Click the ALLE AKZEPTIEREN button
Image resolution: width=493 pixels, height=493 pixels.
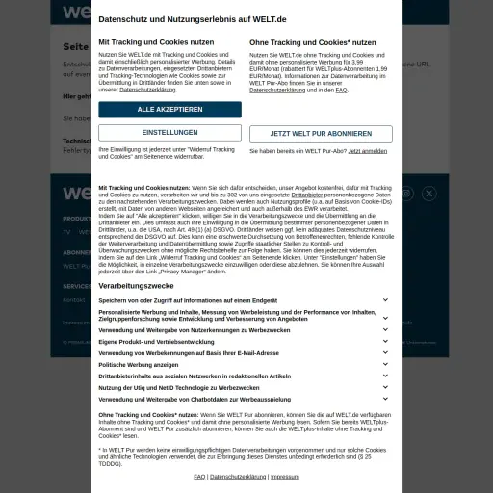tap(169, 110)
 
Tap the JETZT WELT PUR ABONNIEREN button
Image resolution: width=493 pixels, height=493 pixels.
tap(321, 134)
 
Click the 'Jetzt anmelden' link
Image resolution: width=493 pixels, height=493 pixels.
tap(368, 151)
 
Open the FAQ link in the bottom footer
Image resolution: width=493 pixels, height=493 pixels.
tap(199, 477)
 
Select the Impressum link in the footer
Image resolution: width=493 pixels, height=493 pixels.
tap(285, 477)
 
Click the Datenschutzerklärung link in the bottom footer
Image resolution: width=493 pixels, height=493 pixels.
tap(238, 477)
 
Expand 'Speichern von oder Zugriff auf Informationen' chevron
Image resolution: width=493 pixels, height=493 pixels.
tap(385, 300)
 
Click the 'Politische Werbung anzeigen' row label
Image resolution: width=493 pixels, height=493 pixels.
tap(138, 365)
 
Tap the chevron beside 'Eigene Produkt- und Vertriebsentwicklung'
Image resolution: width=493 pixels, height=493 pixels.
tap(385, 342)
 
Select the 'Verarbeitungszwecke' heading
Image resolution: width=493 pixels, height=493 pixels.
tap(136, 287)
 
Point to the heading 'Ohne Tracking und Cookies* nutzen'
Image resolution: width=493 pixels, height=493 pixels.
tap(313, 42)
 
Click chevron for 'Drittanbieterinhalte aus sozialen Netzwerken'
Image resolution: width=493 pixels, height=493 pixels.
tap(385, 376)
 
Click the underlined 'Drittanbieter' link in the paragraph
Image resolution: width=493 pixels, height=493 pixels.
tap(307, 195)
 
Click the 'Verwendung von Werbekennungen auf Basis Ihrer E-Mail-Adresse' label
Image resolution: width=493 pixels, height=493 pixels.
tap(188, 353)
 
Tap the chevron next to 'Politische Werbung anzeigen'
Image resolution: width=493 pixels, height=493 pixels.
tap(385, 365)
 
